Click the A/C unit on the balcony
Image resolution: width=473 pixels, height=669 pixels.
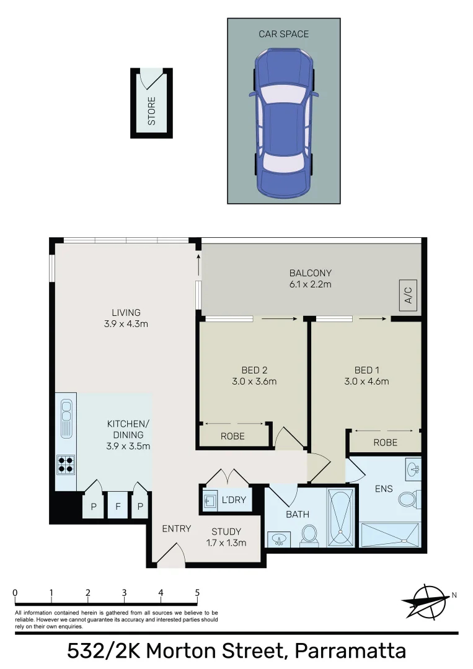click(x=408, y=298)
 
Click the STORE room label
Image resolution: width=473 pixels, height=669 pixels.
click(x=151, y=111)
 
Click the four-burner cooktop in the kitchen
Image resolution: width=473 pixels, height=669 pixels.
click(x=66, y=464)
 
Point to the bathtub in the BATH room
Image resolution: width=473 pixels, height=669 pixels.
click(x=342, y=519)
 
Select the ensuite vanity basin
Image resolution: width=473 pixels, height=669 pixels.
click(x=413, y=469)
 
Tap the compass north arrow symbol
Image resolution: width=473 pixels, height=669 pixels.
click(x=426, y=601)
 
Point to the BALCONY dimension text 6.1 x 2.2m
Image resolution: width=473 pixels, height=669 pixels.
click(x=311, y=284)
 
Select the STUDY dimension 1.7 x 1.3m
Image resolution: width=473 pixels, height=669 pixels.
click(x=226, y=543)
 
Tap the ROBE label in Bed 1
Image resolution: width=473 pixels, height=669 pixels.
click(x=385, y=442)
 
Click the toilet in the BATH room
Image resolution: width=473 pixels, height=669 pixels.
click(x=309, y=536)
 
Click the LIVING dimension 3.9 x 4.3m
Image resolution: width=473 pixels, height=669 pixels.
click(x=126, y=323)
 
